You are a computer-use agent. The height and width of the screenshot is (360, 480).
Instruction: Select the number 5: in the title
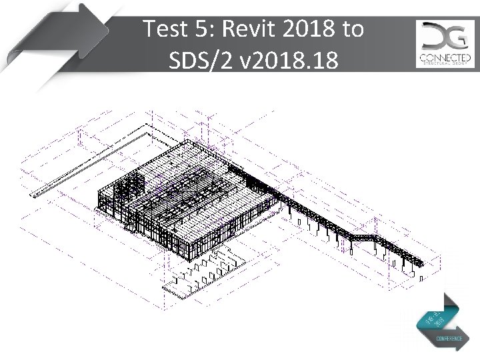[x=209, y=30]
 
